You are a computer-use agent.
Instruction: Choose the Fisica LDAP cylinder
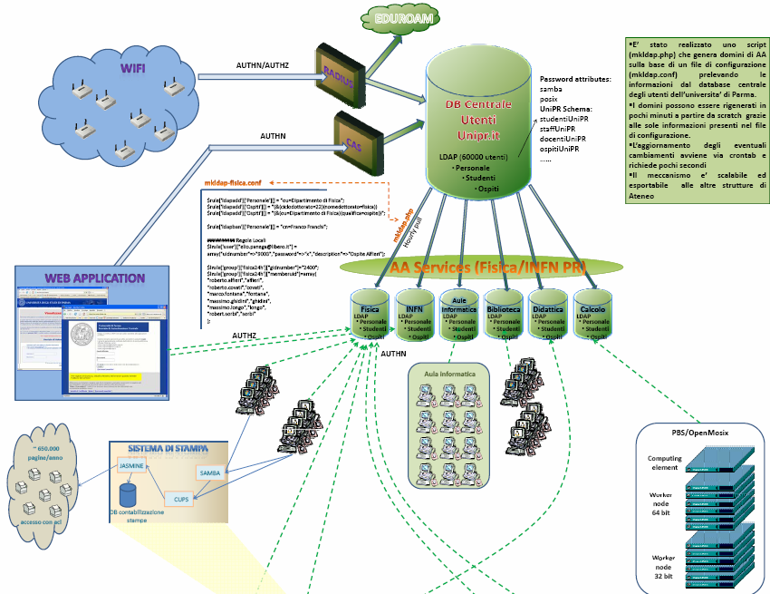click(x=370, y=316)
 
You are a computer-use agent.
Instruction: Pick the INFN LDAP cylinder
click(x=415, y=316)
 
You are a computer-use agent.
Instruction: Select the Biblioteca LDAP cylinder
click(x=505, y=316)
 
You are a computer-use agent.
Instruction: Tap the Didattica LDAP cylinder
click(x=549, y=316)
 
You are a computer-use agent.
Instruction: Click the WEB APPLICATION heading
click(x=95, y=278)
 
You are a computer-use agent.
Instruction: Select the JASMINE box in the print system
click(x=133, y=464)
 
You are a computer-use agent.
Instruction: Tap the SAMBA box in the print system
click(x=210, y=473)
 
